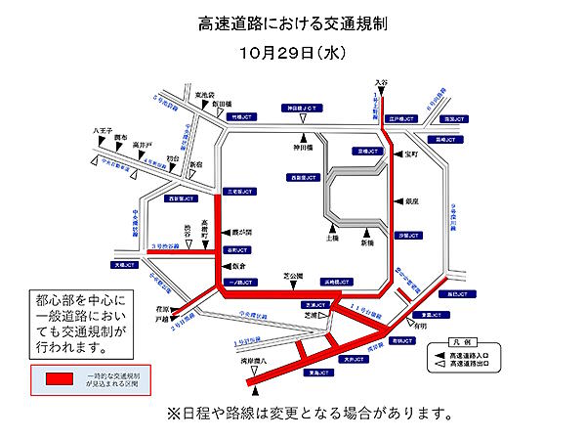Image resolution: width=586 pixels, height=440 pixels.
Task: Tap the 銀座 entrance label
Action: click(x=411, y=199)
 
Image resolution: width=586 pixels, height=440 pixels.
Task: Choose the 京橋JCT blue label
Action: click(x=368, y=152)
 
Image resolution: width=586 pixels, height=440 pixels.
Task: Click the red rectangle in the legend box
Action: click(x=71, y=377)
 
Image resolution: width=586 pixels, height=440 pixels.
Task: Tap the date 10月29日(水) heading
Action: click(x=292, y=49)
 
